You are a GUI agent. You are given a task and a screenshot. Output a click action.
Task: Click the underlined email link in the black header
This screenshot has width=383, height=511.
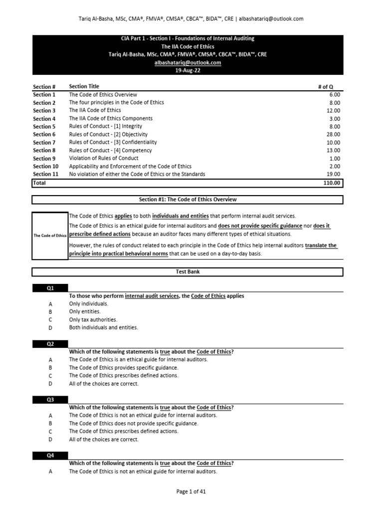click(191, 63)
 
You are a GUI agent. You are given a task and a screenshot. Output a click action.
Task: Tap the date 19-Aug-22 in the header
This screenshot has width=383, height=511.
click(191, 71)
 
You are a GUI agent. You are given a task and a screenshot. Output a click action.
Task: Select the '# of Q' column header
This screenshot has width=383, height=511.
click(326, 87)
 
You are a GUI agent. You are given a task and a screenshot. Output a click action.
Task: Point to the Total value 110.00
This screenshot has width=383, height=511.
click(332, 183)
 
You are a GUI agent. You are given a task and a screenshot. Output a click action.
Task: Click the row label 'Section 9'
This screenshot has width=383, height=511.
click(44, 159)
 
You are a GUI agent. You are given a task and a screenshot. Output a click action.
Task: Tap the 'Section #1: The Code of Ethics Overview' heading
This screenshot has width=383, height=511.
click(188, 200)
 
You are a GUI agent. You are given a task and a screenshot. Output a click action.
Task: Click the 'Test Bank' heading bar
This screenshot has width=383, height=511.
click(188, 272)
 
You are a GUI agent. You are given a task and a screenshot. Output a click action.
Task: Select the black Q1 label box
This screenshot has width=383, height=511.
click(50, 288)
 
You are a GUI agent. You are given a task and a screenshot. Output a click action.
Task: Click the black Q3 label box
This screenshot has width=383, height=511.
click(50, 400)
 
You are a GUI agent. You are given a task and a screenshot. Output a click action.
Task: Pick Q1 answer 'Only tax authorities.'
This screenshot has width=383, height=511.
click(93, 320)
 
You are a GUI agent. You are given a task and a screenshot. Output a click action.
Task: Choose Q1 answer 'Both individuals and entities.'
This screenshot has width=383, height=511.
click(103, 328)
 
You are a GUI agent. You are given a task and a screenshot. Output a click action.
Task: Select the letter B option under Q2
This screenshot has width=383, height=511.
click(50, 368)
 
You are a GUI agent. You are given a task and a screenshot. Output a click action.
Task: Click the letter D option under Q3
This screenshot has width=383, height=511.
click(50, 440)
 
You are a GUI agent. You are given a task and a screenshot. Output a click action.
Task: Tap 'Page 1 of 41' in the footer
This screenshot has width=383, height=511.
click(191, 492)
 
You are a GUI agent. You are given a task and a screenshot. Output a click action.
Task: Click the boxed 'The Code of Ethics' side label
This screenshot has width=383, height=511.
click(50, 236)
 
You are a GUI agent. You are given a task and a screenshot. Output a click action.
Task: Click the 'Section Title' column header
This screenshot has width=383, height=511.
click(84, 86)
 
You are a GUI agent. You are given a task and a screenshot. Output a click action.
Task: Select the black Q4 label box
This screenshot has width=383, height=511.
click(50, 456)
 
